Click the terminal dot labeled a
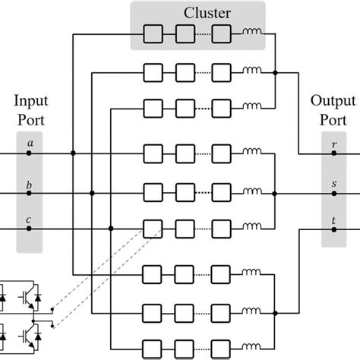click(x=30, y=153)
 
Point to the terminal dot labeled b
click(x=30, y=193)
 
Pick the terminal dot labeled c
click(x=30, y=228)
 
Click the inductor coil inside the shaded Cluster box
click(x=251, y=34)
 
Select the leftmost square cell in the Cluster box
click(x=153, y=34)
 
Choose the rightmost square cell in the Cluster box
click(x=221, y=34)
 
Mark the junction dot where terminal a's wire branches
click(x=73, y=153)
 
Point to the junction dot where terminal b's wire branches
click(x=92, y=193)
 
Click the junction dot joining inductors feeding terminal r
click(x=275, y=73)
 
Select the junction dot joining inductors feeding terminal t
click(x=275, y=311)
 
